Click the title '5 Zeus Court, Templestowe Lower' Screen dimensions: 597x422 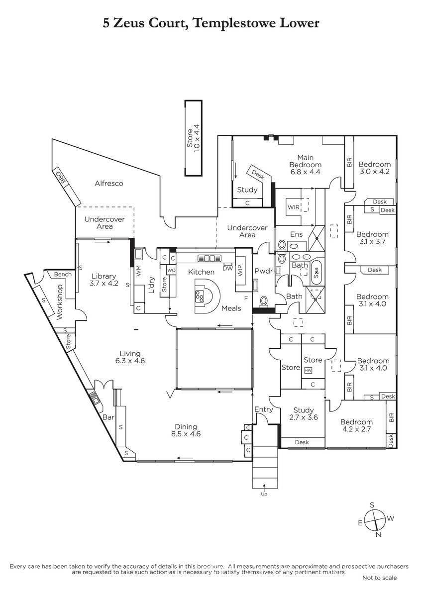pos(211,22)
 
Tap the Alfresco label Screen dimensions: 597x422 pos(109,183)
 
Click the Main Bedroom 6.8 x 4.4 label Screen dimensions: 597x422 pos(306,165)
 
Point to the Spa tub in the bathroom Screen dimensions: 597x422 pos(316,273)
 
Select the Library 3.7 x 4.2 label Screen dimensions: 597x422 pos(103,280)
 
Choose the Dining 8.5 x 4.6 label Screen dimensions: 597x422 pos(186,430)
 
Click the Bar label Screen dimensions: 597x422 pos(108,418)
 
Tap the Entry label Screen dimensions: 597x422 pos(263,409)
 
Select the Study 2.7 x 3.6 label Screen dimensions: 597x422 pos(303,414)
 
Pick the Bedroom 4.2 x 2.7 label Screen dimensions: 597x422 pos(357,425)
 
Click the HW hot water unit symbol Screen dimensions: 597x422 pos(308,371)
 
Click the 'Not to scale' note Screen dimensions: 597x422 pos(379,578)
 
